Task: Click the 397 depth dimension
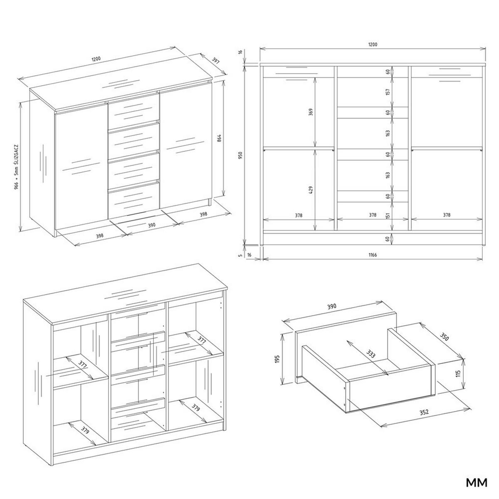click(215, 61)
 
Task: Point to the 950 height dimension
click(240, 155)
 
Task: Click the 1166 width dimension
click(372, 255)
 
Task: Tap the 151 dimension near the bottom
click(388, 215)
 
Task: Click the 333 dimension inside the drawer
click(371, 354)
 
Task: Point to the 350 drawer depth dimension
click(445, 337)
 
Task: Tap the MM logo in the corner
click(476, 483)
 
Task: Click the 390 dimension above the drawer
click(331, 306)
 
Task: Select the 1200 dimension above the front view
click(372, 44)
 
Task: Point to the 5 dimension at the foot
click(240, 255)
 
